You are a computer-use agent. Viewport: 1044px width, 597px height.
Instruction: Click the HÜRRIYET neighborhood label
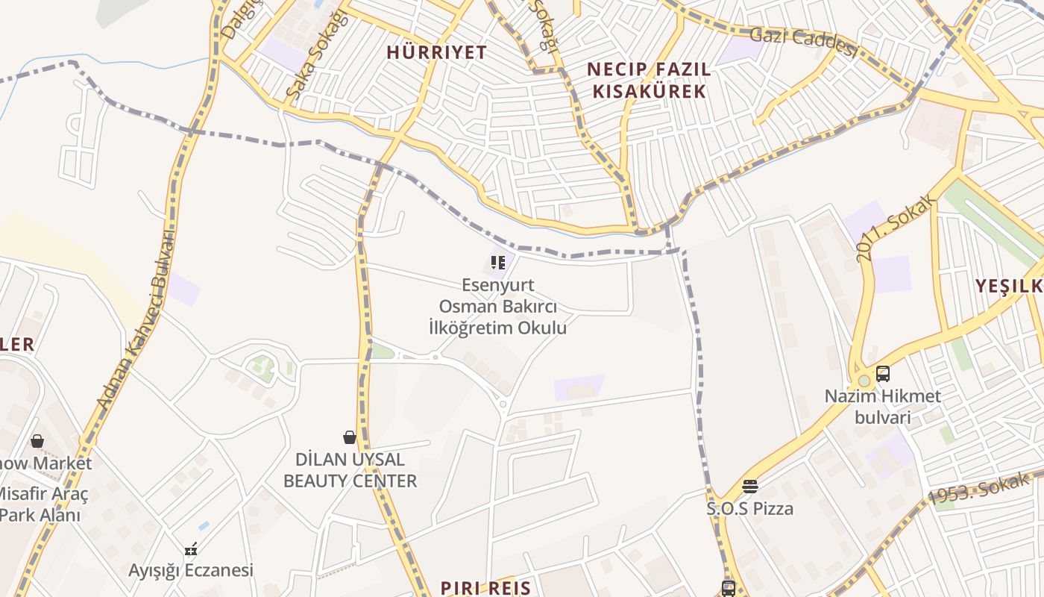click(437, 52)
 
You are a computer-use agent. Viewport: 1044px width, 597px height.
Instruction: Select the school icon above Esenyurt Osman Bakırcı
click(497, 263)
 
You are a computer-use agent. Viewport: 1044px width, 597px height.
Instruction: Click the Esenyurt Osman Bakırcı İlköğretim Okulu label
click(498, 306)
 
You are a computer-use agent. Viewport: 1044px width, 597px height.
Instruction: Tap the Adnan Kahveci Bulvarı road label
click(135, 320)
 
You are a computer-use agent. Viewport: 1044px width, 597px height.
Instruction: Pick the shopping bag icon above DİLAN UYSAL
click(349, 437)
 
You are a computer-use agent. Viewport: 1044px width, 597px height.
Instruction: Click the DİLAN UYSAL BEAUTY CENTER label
click(350, 470)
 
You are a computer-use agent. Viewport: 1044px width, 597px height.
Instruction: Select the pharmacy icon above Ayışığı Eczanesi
click(191, 550)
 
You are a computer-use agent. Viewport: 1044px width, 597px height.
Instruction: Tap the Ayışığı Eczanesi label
click(191, 571)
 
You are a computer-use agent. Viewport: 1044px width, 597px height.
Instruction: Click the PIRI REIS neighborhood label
click(485, 587)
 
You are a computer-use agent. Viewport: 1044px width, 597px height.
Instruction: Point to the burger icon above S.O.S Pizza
click(750, 487)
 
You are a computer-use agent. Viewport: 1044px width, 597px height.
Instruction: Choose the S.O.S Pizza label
click(750, 509)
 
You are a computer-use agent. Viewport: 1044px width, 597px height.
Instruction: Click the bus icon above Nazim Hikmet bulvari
click(883, 374)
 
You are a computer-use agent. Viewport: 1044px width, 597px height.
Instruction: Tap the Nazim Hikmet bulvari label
click(883, 406)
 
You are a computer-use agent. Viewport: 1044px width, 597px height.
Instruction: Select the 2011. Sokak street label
click(894, 231)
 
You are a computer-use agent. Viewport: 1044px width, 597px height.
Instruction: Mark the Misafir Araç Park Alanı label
click(42, 504)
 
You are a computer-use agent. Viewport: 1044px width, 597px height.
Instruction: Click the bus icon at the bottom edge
click(729, 589)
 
